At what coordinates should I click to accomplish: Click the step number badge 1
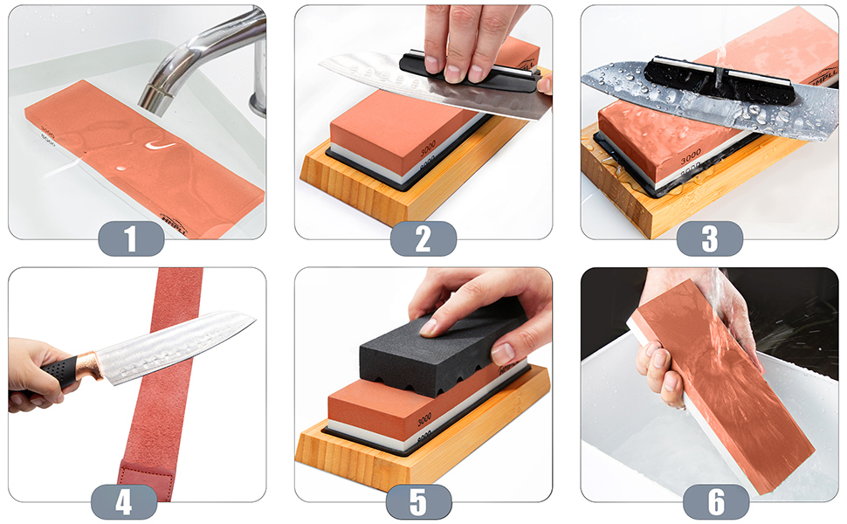[131, 238]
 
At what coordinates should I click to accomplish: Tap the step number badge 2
[423, 238]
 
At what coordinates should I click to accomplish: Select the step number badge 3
[710, 238]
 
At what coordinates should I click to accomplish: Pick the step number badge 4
[124, 502]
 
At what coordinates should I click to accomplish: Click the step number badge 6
[716, 502]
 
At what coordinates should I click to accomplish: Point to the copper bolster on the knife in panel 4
[87, 364]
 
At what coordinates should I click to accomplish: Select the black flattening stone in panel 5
[437, 345]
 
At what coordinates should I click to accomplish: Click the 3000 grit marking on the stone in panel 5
[423, 418]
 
